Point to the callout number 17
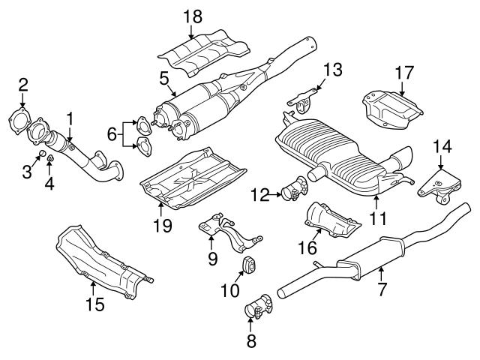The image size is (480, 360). [x=404, y=73]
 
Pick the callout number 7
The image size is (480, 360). [x=382, y=287]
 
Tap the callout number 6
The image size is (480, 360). [x=112, y=136]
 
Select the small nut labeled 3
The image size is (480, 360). [x=43, y=155]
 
